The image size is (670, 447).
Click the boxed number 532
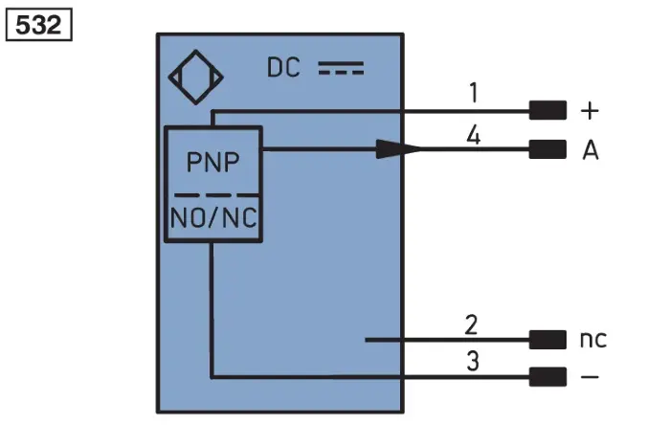coord(38,25)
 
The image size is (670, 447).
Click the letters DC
coord(283,68)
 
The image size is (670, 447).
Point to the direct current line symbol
coord(341,68)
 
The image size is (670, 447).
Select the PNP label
coord(212,162)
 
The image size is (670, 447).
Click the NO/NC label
coord(213,217)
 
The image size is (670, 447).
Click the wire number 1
coord(474,93)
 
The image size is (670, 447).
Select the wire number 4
coord(474,136)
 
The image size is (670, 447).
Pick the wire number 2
coord(471,325)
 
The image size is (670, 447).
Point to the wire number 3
coord(473,362)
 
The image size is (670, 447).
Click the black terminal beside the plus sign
coord(547,111)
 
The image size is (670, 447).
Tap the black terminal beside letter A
coord(547,149)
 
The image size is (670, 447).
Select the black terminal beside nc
coord(547,340)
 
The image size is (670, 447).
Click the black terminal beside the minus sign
coord(547,377)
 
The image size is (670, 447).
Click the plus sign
coord(590,111)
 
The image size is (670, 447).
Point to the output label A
coord(591,150)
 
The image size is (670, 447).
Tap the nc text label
coord(593,339)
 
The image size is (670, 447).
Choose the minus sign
coord(590,377)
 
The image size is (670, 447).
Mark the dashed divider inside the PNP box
coord(216,195)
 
